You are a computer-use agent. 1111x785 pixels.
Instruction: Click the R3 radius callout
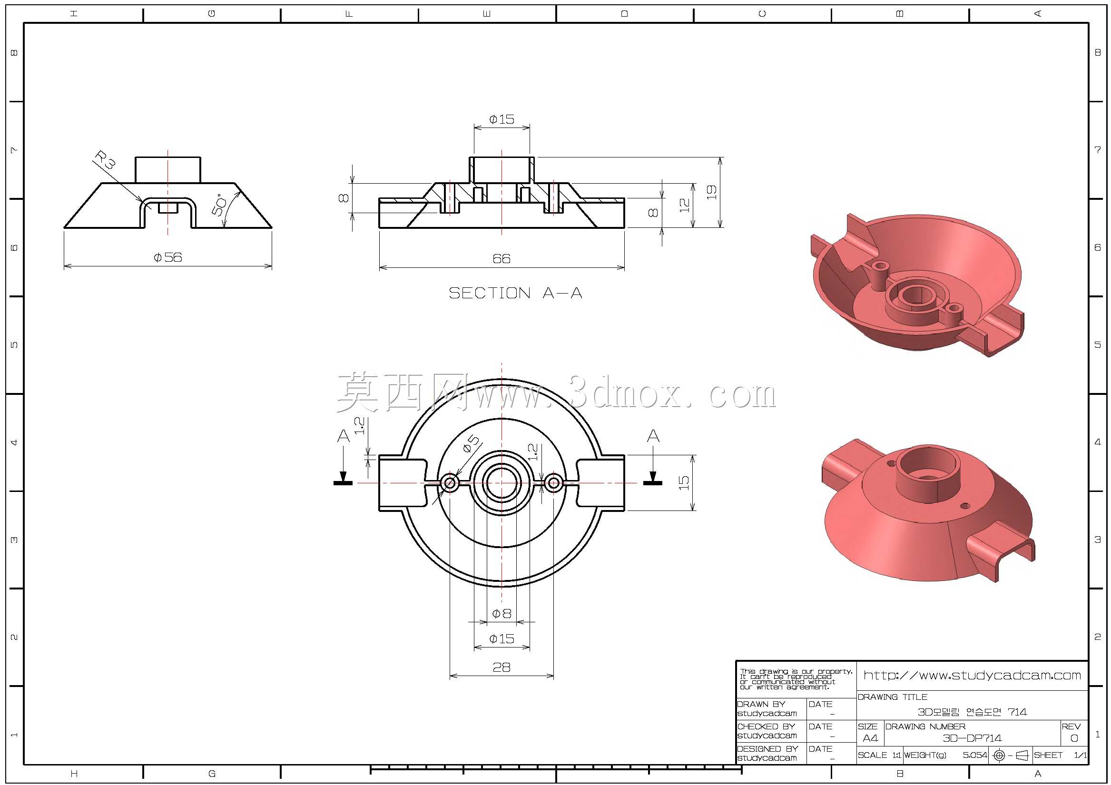(x=105, y=160)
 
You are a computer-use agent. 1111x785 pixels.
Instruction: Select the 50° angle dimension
(x=219, y=205)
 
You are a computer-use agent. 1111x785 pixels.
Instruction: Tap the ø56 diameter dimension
(x=168, y=257)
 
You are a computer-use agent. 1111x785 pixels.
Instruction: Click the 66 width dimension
(x=501, y=258)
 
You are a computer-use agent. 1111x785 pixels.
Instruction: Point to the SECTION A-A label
(x=515, y=293)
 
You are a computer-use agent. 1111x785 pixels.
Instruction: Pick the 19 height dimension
(x=711, y=192)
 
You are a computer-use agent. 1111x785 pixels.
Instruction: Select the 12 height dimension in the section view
(x=684, y=205)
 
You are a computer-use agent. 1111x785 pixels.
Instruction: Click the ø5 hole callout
(x=471, y=443)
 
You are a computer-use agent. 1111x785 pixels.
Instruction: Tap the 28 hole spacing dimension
(x=501, y=667)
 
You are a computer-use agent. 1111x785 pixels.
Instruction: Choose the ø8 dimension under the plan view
(x=501, y=614)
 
